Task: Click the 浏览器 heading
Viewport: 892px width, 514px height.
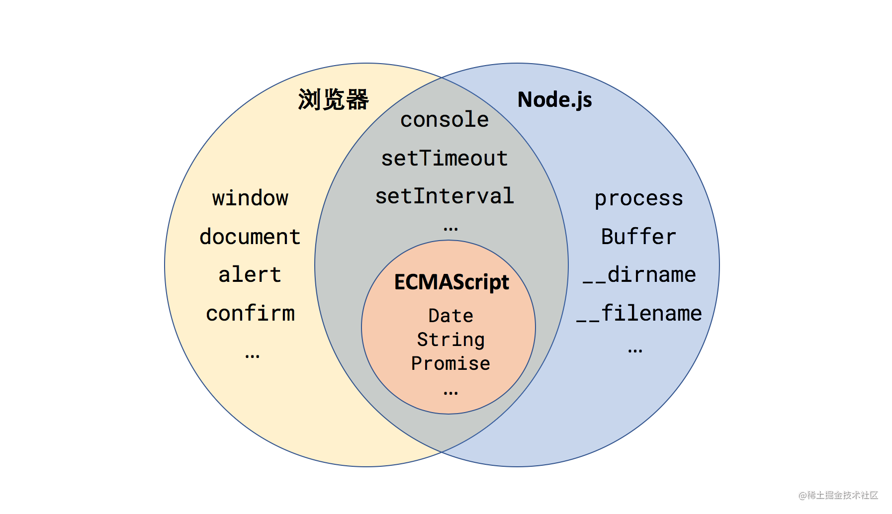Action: coord(333,99)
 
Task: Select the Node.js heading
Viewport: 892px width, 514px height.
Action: coord(554,100)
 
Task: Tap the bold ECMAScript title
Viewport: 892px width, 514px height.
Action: coord(451,282)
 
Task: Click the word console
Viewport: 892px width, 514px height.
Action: coord(445,120)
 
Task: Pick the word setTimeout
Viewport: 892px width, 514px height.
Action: coord(445,159)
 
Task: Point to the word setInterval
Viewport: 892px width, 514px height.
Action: coord(445,196)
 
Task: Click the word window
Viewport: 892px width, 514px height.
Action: coord(250,198)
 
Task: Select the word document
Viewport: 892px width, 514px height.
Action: coord(250,237)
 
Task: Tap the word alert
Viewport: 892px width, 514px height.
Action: coord(250,275)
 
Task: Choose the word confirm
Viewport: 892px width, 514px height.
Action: coord(250,314)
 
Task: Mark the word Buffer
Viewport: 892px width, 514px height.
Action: coord(638,237)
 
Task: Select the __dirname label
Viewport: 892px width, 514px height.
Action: coord(639,275)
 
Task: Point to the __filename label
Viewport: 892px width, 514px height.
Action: coord(639,314)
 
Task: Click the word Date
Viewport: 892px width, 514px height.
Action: coord(450,316)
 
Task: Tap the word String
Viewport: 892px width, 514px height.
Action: coord(450,340)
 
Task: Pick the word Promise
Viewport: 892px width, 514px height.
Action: coord(450,364)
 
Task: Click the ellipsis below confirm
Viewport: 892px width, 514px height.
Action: coord(252,356)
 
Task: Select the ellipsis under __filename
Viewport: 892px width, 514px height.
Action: coord(635,351)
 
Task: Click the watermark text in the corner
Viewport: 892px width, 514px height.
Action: coord(838,495)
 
